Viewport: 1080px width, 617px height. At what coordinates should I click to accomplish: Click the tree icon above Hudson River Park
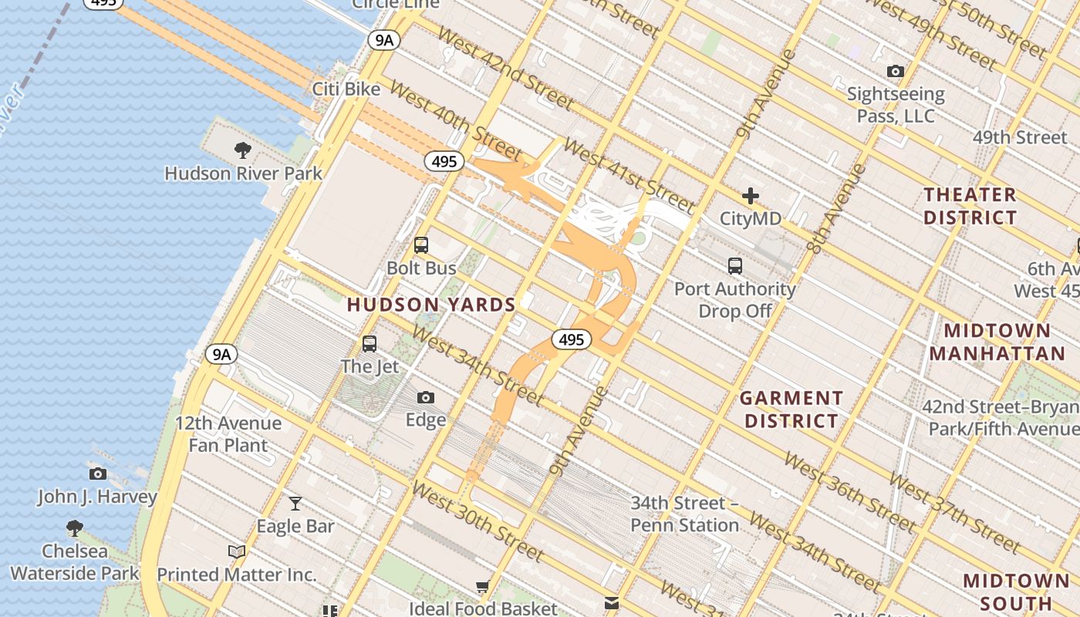pos(243,150)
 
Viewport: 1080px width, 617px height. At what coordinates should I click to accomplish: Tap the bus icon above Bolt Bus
pos(421,245)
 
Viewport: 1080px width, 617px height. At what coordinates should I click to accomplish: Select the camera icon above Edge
pos(426,398)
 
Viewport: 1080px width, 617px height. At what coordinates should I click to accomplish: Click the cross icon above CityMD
pos(750,196)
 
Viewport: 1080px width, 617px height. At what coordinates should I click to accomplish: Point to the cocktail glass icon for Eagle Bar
pos(295,504)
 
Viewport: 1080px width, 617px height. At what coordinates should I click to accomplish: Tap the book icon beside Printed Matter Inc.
pos(237,552)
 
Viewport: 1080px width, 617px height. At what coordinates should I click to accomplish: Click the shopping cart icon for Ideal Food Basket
pos(483,587)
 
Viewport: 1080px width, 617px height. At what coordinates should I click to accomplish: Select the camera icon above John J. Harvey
pos(97,474)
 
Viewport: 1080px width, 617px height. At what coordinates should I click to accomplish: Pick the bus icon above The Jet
pos(370,344)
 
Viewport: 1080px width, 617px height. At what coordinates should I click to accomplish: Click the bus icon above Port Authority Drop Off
pos(735,266)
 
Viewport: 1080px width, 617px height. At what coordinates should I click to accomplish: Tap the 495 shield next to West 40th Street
pos(444,162)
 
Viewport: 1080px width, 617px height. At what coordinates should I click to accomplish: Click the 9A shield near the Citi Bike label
pos(383,40)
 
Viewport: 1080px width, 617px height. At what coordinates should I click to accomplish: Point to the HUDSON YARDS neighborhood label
pos(431,305)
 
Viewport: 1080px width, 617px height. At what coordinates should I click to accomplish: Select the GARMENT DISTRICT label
pos(791,410)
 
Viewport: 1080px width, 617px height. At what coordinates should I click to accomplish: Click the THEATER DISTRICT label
pos(970,206)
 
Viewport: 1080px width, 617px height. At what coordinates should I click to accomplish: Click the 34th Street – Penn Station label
pos(685,514)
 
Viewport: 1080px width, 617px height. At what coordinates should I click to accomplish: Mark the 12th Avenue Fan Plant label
pos(228,434)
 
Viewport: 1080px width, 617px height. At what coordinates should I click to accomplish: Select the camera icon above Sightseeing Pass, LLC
pos(896,72)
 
